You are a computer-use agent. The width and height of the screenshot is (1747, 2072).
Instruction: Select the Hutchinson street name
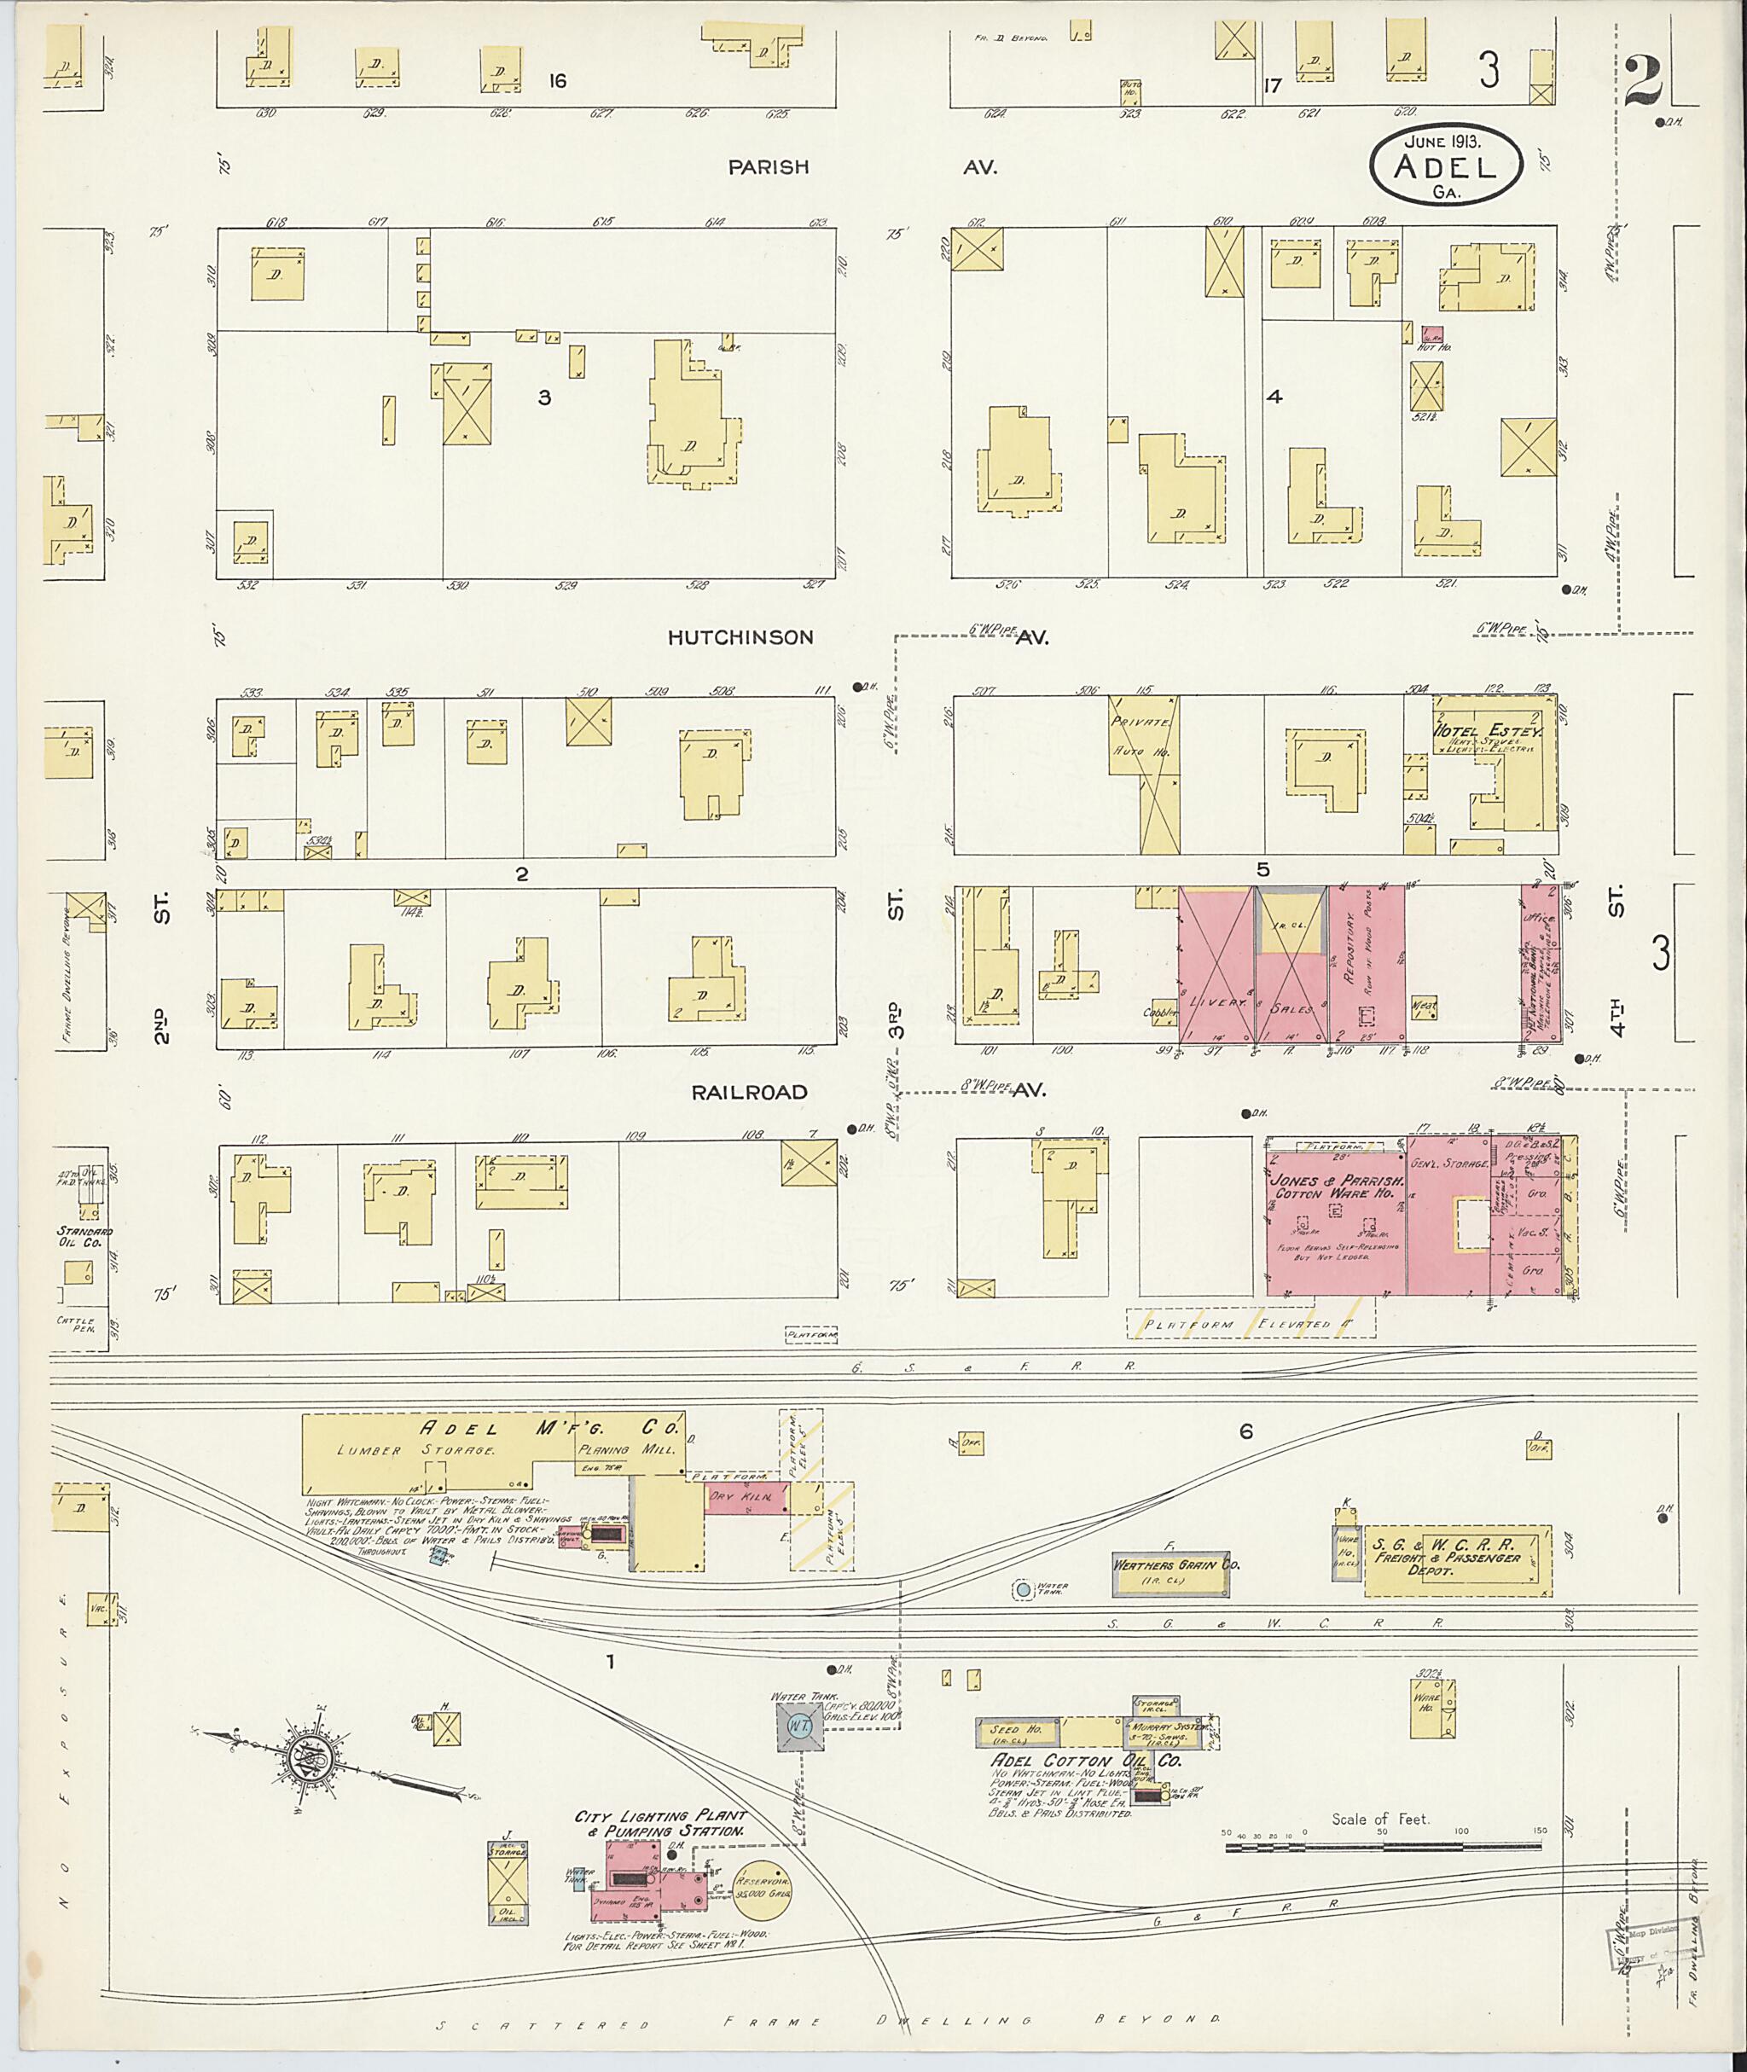[740, 638]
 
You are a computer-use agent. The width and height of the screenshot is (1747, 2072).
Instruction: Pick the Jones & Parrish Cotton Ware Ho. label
[1335, 1186]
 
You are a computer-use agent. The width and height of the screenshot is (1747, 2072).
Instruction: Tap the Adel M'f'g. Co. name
[549, 1427]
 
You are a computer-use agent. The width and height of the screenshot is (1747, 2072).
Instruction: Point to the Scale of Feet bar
[1383, 1846]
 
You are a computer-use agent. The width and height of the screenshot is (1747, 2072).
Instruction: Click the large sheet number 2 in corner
[1644, 81]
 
